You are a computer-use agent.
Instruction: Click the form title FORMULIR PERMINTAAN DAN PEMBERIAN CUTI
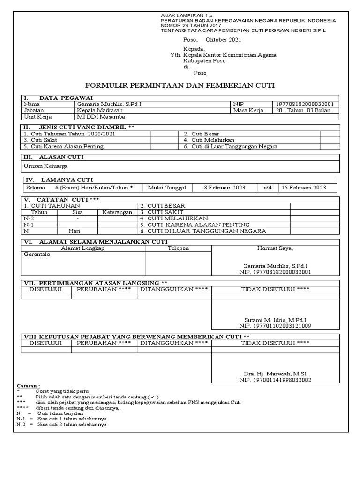(x=180, y=86)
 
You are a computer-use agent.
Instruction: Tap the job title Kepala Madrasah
(x=101, y=111)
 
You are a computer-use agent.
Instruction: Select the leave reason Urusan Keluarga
(x=45, y=166)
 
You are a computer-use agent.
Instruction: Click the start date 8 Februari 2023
(x=224, y=188)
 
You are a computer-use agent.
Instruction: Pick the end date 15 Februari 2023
(x=303, y=188)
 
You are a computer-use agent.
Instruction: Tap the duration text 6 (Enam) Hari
(x=74, y=188)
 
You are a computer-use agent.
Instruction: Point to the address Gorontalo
(x=37, y=255)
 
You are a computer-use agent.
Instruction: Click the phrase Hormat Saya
(x=275, y=248)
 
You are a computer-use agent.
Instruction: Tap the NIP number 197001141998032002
(x=275, y=380)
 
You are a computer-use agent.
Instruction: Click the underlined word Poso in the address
(x=200, y=73)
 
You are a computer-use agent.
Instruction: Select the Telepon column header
(x=178, y=248)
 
